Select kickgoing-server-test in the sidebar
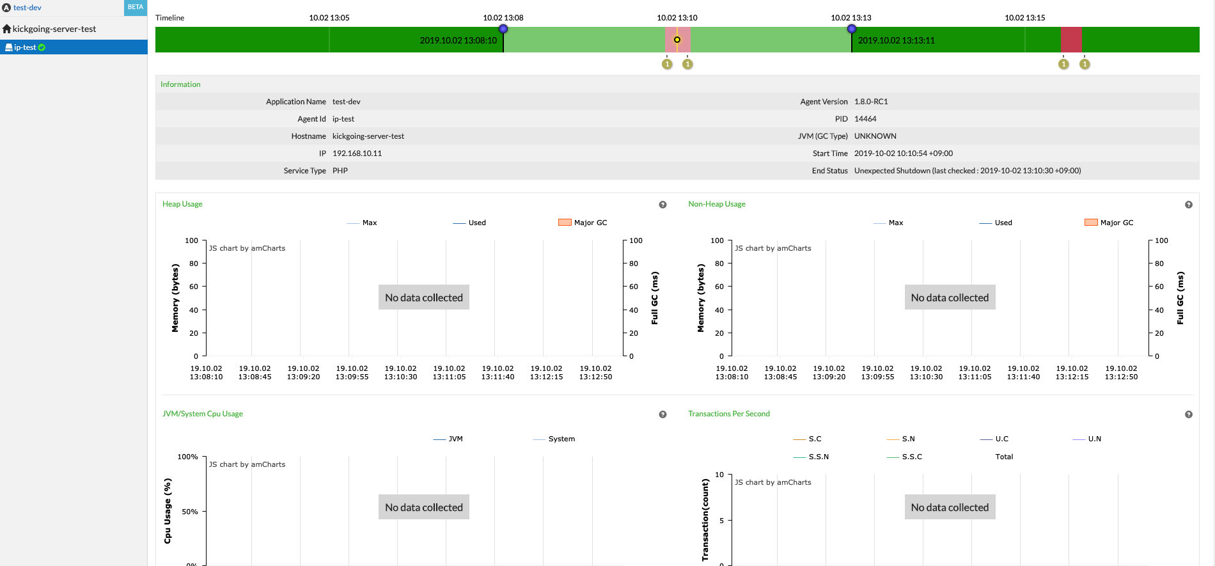(54, 29)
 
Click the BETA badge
(136, 7)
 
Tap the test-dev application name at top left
(27, 8)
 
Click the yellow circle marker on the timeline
(677, 40)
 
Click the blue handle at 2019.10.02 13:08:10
(503, 29)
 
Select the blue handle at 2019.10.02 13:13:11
(852, 29)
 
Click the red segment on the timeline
(1071, 40)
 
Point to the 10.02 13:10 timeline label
(677, 18)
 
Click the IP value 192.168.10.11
(357, 153)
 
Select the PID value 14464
(865, 119)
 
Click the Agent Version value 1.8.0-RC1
(871, 102)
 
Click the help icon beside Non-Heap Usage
(1188, 205)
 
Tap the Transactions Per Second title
(729, 414)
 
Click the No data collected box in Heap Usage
(424, 297)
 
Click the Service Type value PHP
(340, 171)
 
